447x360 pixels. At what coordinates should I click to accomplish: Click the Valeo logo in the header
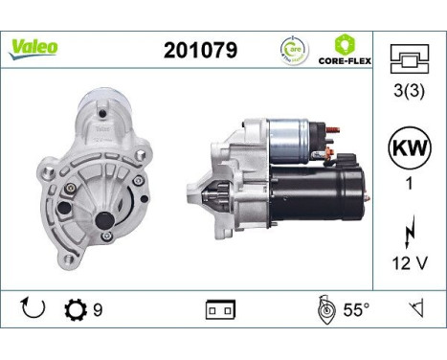pos(34,47)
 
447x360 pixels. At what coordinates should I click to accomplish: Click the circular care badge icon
pos(294,49)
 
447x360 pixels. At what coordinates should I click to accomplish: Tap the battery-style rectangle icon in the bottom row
pos(221,311)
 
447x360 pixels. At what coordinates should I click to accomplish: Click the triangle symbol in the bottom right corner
pos(415,309)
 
